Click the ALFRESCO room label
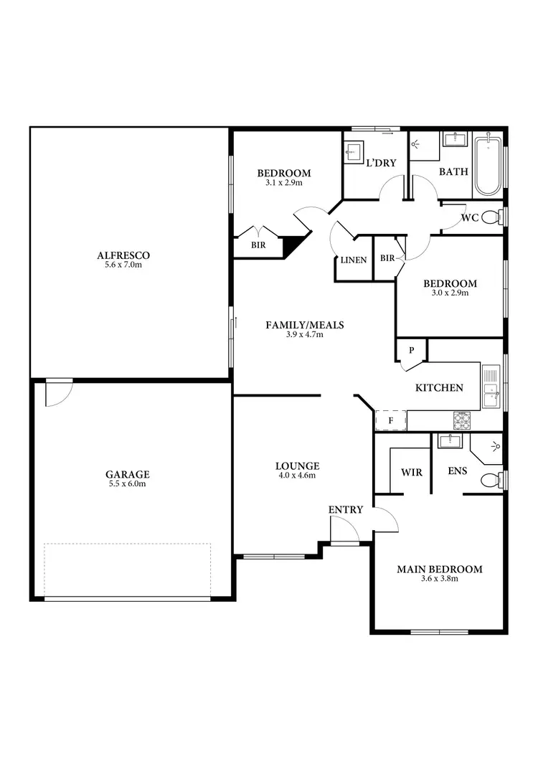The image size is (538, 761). pyautogui.click(x=128, y=255)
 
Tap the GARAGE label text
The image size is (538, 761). pyautogui.click(x=128, y=474)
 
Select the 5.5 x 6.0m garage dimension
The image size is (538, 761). pyautogui.click(x=128, y=484)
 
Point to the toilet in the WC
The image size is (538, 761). pyautogui.click(x=491, y=217)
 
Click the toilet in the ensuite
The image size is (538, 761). pyautogui.click(x=489, y=480)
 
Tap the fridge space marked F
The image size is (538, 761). pyautogui.click(x=391, y=420)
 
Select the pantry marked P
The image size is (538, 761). pyautogui.click(x=412, y=351)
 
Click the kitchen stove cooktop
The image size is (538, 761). pyautogui.click(x=461, y=420)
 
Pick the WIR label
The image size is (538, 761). pyautogui.click(x=411, y=473)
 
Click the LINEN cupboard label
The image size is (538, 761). pyautogui.click(x=354, y=260)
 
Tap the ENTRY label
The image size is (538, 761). pyautogui.click(x=346, y=509)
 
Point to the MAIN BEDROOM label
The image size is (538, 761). pyautogui.click(x=439, y=569)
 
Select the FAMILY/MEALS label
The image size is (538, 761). pyautogui.click(x=305, y=325)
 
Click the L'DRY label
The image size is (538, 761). pyautogui.click(x=381, y=163)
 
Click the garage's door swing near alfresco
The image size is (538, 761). pyautogui.click(x=57, y=392)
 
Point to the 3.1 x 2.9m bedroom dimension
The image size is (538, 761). pyautogui.click(x=283, y=183)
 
